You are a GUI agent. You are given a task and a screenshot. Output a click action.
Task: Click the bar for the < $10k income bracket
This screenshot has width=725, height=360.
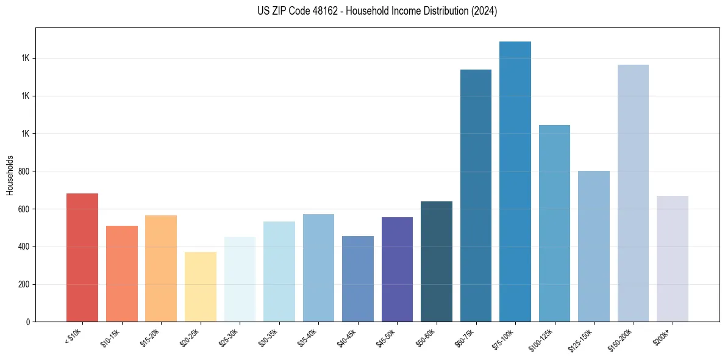pos(82,257)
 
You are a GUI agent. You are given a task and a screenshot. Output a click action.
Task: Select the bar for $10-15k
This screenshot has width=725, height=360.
pos(121,273)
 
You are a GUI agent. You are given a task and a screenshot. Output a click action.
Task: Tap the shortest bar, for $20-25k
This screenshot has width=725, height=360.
pos(200,287)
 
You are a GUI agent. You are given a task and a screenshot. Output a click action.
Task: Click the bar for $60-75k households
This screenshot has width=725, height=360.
pos(476,196)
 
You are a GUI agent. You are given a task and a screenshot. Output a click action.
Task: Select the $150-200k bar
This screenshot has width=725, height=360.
pos(633,193)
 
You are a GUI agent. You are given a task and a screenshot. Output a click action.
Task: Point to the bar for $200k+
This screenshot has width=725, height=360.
pos(672,259)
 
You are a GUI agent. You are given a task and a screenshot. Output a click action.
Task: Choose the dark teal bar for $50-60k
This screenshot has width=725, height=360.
pos(436,262)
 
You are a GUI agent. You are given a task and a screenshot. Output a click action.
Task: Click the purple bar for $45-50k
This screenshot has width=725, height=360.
pos(397,269)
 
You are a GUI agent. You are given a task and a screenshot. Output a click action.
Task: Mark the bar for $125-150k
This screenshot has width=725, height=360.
pos(593,247)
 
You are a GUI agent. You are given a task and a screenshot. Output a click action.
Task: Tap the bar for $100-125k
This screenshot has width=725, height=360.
pos(554,223)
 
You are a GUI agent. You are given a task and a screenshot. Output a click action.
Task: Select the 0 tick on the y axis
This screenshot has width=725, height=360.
pos(28,322)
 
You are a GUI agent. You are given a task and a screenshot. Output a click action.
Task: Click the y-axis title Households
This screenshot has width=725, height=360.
pos(10,175)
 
